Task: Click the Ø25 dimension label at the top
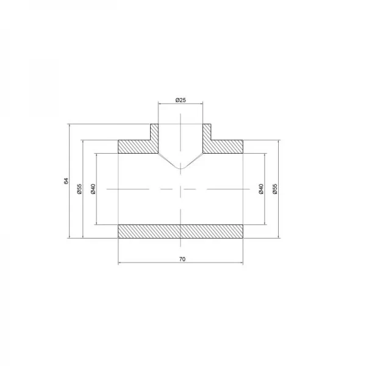[x=181, y=99]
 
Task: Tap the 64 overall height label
[x=65, y=181]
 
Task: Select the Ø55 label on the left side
[x=79, y=189]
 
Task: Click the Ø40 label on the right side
[x=260, y=189]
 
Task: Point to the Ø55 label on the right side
[x=274, y=189]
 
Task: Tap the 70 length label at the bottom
[x=181, y=259]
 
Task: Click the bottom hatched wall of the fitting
[x=181, y=232]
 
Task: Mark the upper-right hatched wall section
[x=226, y=147]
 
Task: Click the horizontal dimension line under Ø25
[x=181, y=104]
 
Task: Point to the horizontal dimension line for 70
[x=181, y=264]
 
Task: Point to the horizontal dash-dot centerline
[x=146, y=189]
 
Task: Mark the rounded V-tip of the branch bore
[x=181, y=168]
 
